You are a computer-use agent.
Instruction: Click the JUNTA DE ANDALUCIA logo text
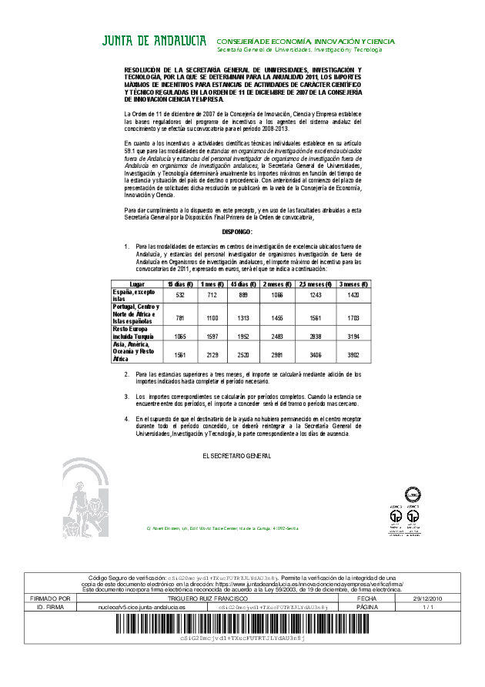(154, 41)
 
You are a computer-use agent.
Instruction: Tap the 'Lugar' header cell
(137, 284)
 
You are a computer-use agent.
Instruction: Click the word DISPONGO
(237, 231)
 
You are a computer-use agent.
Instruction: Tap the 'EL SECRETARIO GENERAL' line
(237, 457)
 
